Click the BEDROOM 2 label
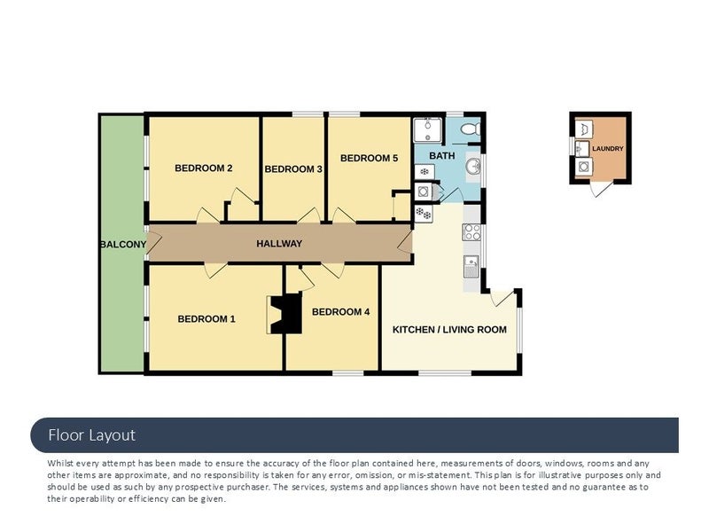[204, 168]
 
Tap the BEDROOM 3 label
[293, 169]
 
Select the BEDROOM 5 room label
[369, 159]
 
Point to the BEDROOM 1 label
[206, 319]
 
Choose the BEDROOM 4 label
[341, 312]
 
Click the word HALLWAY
[279, 244]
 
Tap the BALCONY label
[123, 245]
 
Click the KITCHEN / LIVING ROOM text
[449, 330]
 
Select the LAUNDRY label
[608, 148]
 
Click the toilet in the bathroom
[471, 129]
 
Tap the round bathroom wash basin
[473, 167]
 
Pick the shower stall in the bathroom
[428, 130]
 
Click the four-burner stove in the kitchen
[471, 232]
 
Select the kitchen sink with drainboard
[471, 267]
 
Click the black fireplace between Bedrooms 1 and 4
[284, 314]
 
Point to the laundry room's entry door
[602, 188]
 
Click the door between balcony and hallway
[152, 243]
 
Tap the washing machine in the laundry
[583, 167]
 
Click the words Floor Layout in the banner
[92, 435]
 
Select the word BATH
[441, 156]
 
